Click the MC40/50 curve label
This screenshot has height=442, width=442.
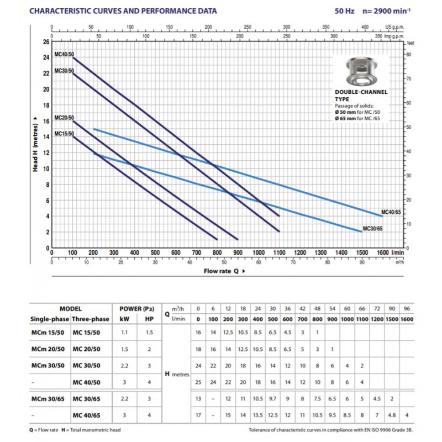[x=64, y=54]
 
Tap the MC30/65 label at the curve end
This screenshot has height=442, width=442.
[x=372, y=228]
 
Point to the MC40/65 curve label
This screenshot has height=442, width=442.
[x=391, y=212]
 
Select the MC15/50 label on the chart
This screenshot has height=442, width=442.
[x=64, y=134]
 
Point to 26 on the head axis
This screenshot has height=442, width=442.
[x=46, y=42]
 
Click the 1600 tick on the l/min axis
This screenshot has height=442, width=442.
[x=382, y=252]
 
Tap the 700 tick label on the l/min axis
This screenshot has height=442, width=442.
[x=197, y=252]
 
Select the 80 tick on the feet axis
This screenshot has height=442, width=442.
[x=409, y=54]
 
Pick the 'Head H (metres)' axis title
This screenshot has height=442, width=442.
[x=35, y=144]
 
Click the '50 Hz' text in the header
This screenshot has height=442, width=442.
[x=344, y=11]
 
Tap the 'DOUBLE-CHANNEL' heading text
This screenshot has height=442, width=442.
[x=361, y=92]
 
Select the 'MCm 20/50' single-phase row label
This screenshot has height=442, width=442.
[x=48, y=349]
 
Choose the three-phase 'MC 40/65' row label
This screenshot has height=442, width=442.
[x=86, y=415]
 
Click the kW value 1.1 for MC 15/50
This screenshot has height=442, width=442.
[x=124, y=333]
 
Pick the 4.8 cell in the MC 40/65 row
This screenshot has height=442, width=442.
[x=392, y=415]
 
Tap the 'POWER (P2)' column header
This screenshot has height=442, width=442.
[x=137, y=309]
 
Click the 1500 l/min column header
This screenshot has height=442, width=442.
[x=392, y=319]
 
